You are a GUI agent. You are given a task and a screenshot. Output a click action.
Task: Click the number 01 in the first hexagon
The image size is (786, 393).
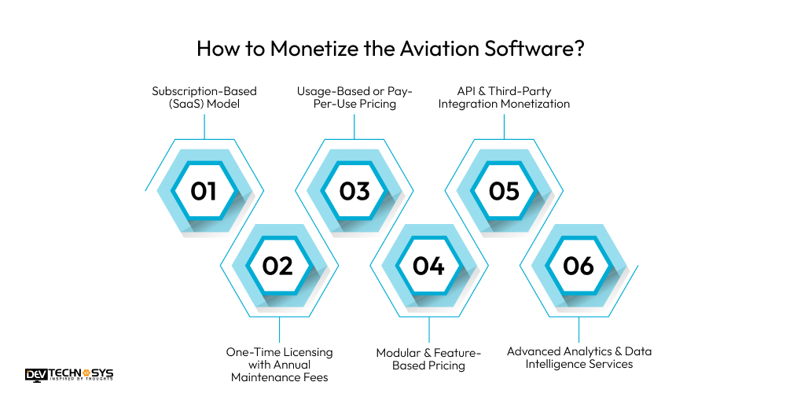coord(204,191)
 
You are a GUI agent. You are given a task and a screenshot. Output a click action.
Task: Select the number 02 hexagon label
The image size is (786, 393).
coord(277,266)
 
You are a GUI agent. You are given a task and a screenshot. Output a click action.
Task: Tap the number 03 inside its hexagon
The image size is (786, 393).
coord(354,191)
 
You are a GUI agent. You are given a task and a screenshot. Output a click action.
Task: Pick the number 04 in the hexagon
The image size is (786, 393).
coord(428,266)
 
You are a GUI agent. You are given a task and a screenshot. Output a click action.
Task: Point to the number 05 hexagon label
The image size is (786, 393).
coord(504,191)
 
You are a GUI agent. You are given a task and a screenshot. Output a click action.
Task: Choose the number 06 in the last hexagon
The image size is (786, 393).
coord(578,266)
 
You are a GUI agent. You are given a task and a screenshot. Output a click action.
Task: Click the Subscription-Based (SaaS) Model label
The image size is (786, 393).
coord(204,97)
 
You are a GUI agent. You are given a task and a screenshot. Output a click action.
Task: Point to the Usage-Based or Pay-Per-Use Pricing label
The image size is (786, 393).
coord(354,97)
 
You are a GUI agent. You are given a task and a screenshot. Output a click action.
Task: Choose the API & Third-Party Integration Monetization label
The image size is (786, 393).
coord(503,97)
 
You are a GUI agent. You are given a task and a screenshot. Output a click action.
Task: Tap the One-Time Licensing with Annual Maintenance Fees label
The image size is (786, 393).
coord(280,365)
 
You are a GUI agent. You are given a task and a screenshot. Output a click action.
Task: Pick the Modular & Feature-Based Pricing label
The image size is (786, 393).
coord(428,358)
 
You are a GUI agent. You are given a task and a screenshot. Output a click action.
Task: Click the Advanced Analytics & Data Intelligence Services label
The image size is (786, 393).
coord(579,358)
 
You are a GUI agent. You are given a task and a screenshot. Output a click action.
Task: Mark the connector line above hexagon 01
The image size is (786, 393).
coord(204,126)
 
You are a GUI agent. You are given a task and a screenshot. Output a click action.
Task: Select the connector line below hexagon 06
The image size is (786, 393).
coord(579,329)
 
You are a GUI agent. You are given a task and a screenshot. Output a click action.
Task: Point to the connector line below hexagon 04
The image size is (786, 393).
coord(429,329)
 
